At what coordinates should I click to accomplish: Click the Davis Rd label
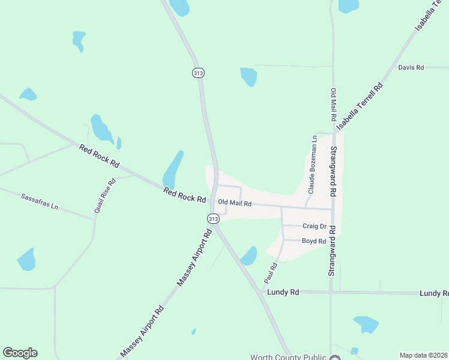tap(411, 68)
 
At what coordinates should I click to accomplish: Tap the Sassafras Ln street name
tap(40, 201)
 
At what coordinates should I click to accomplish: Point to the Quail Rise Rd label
tap(104, 196)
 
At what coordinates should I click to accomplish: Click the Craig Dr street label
tap(314, 226)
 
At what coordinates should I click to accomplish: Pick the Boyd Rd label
tap(313, 241)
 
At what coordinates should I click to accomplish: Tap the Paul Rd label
tap(271, 273)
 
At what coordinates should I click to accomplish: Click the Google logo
tap(20, 353)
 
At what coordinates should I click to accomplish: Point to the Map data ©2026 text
tap(423, 355)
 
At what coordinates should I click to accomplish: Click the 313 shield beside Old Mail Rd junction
tap(213, 219)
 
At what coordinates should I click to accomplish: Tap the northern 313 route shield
tap(199, 73)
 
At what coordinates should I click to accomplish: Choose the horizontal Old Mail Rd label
tap(235, 203)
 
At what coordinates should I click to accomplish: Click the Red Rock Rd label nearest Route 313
tap(185, 194)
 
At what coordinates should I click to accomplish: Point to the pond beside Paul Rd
tap(249, 256)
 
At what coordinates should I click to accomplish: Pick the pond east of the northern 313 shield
tap(249, 76)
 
